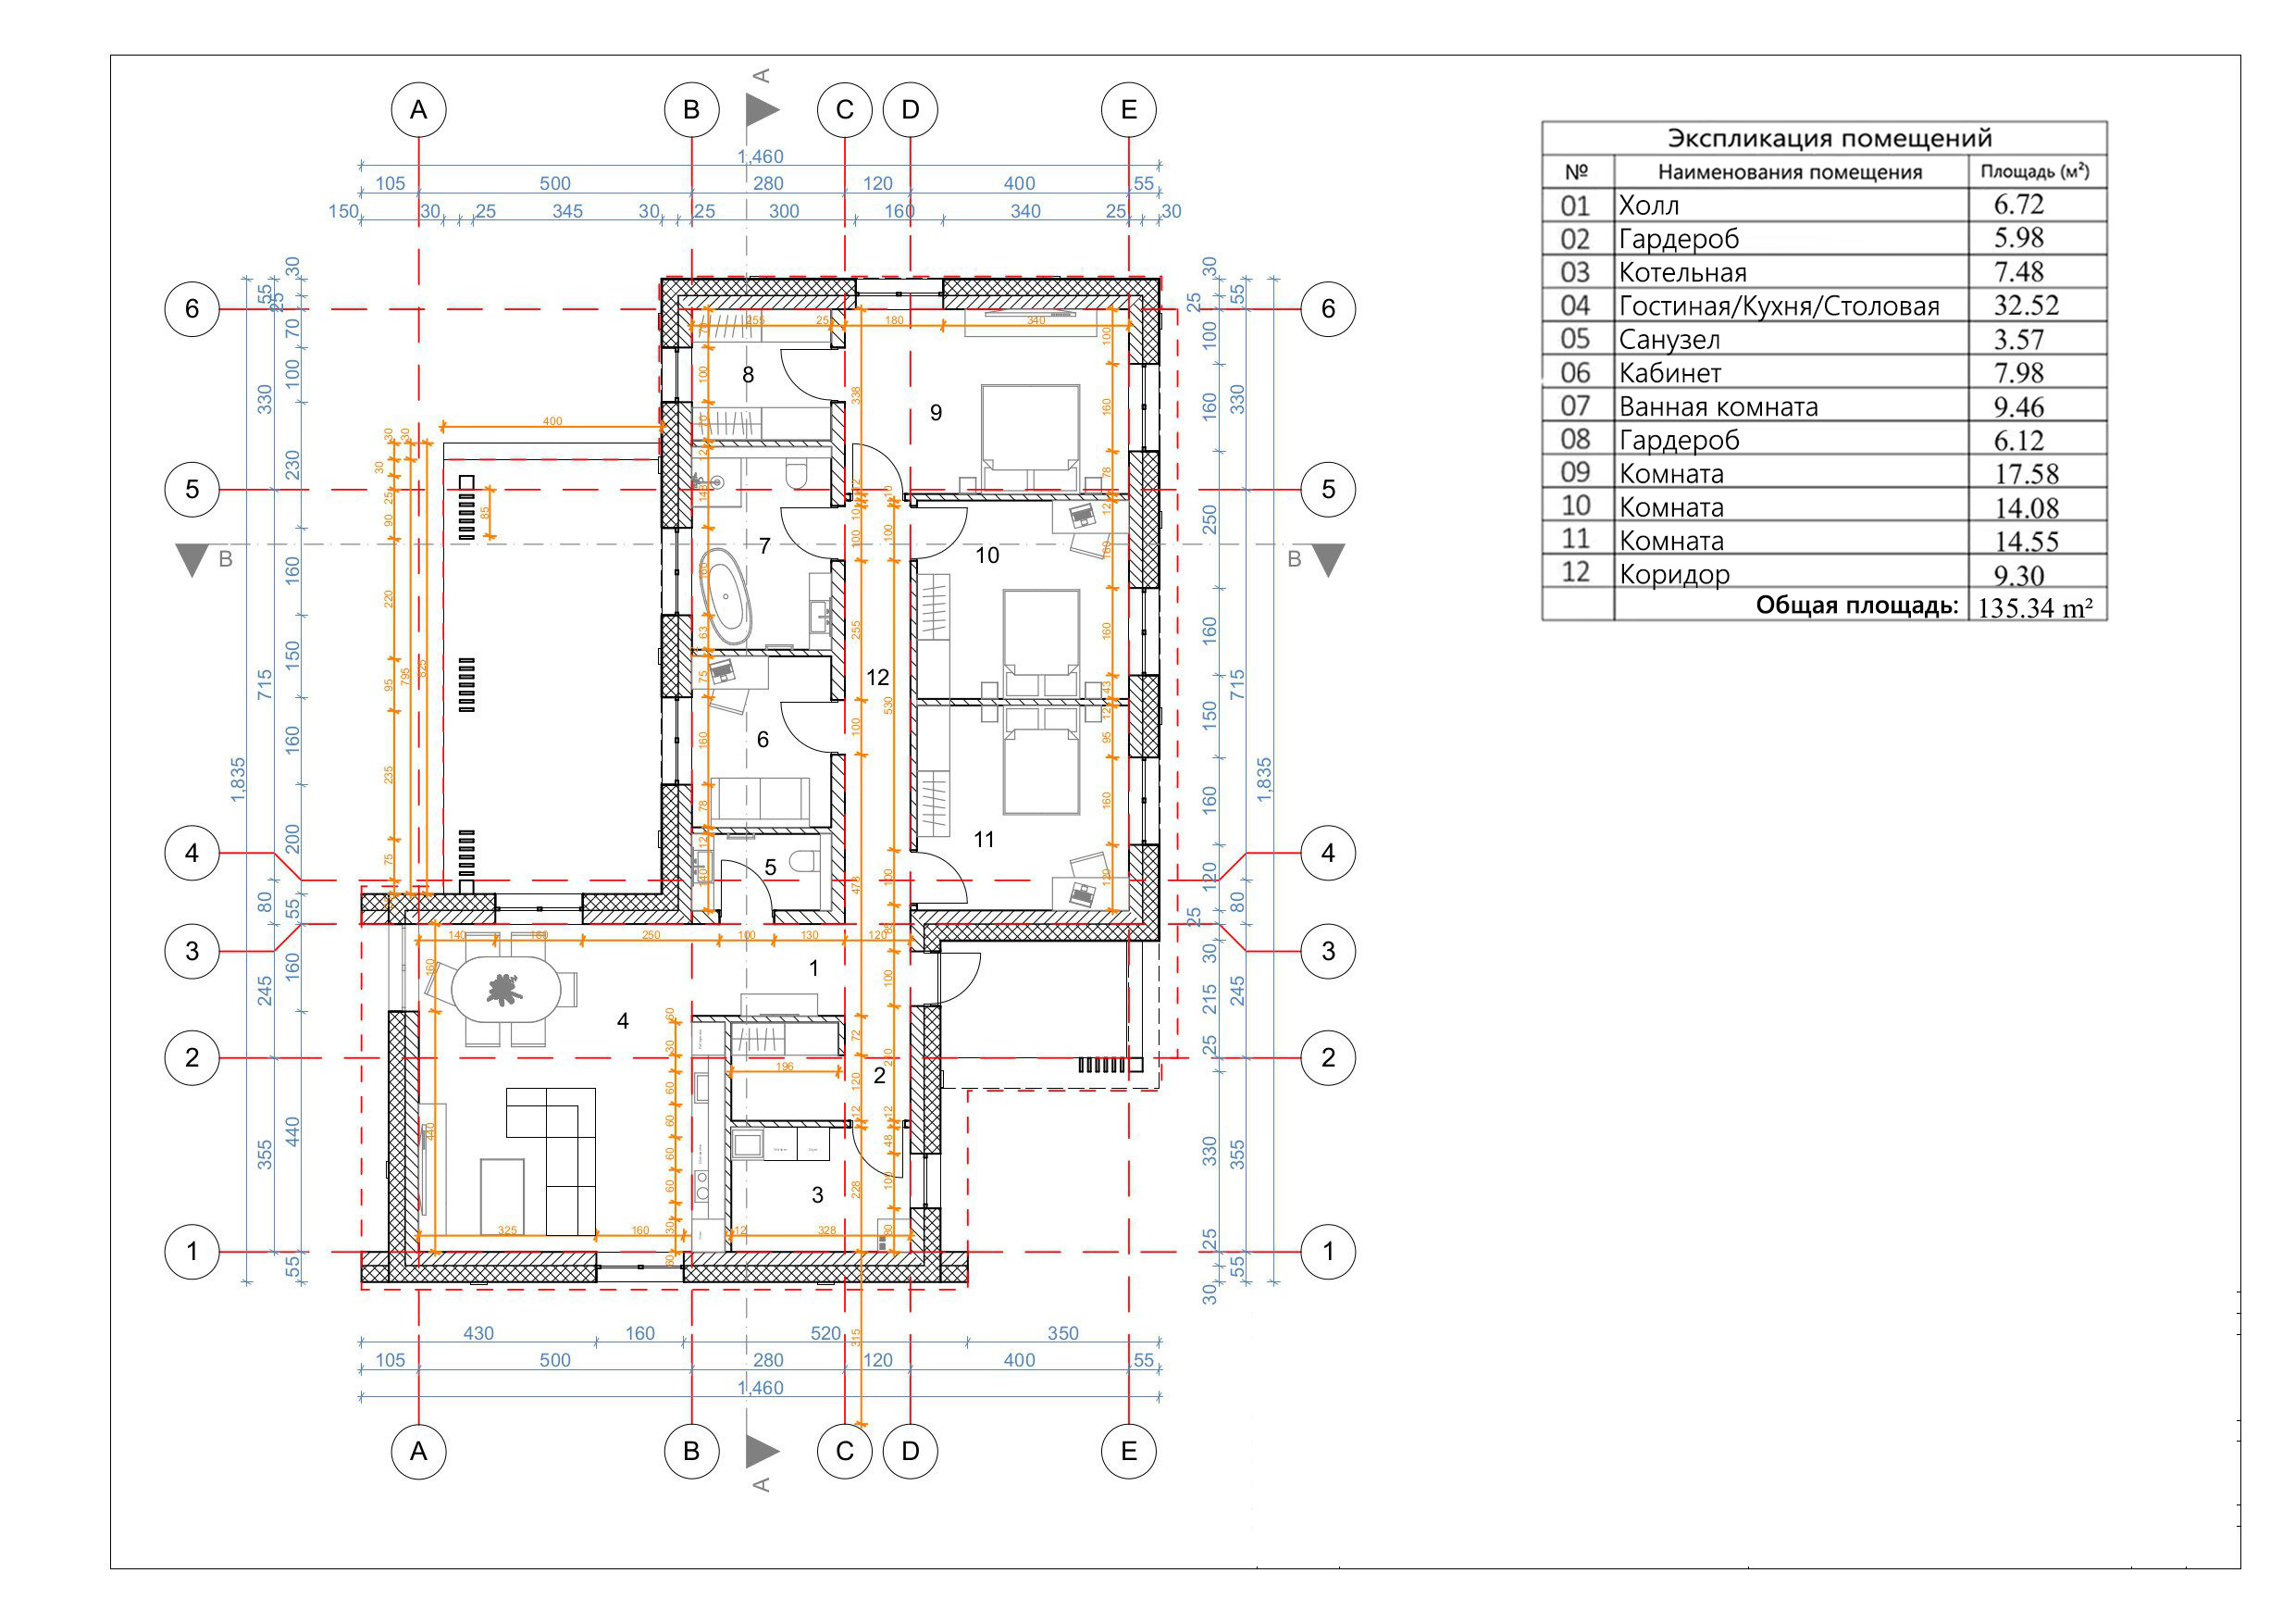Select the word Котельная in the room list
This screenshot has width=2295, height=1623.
1682,272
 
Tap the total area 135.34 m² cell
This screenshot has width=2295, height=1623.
2035,607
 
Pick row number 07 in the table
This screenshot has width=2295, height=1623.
1574,406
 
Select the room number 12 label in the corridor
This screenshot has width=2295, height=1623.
877,677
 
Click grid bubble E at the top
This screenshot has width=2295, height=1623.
1128,110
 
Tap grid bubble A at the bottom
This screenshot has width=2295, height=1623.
417,1451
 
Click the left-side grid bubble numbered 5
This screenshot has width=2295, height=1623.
192,489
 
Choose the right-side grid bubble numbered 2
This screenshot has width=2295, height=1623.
1327,1057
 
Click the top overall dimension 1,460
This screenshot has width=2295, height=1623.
761,157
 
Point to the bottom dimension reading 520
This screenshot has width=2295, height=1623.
825,1333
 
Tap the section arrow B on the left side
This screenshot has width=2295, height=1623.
192,560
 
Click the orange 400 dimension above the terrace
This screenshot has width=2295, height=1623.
552,421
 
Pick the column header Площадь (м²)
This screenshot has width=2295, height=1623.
2035,171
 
